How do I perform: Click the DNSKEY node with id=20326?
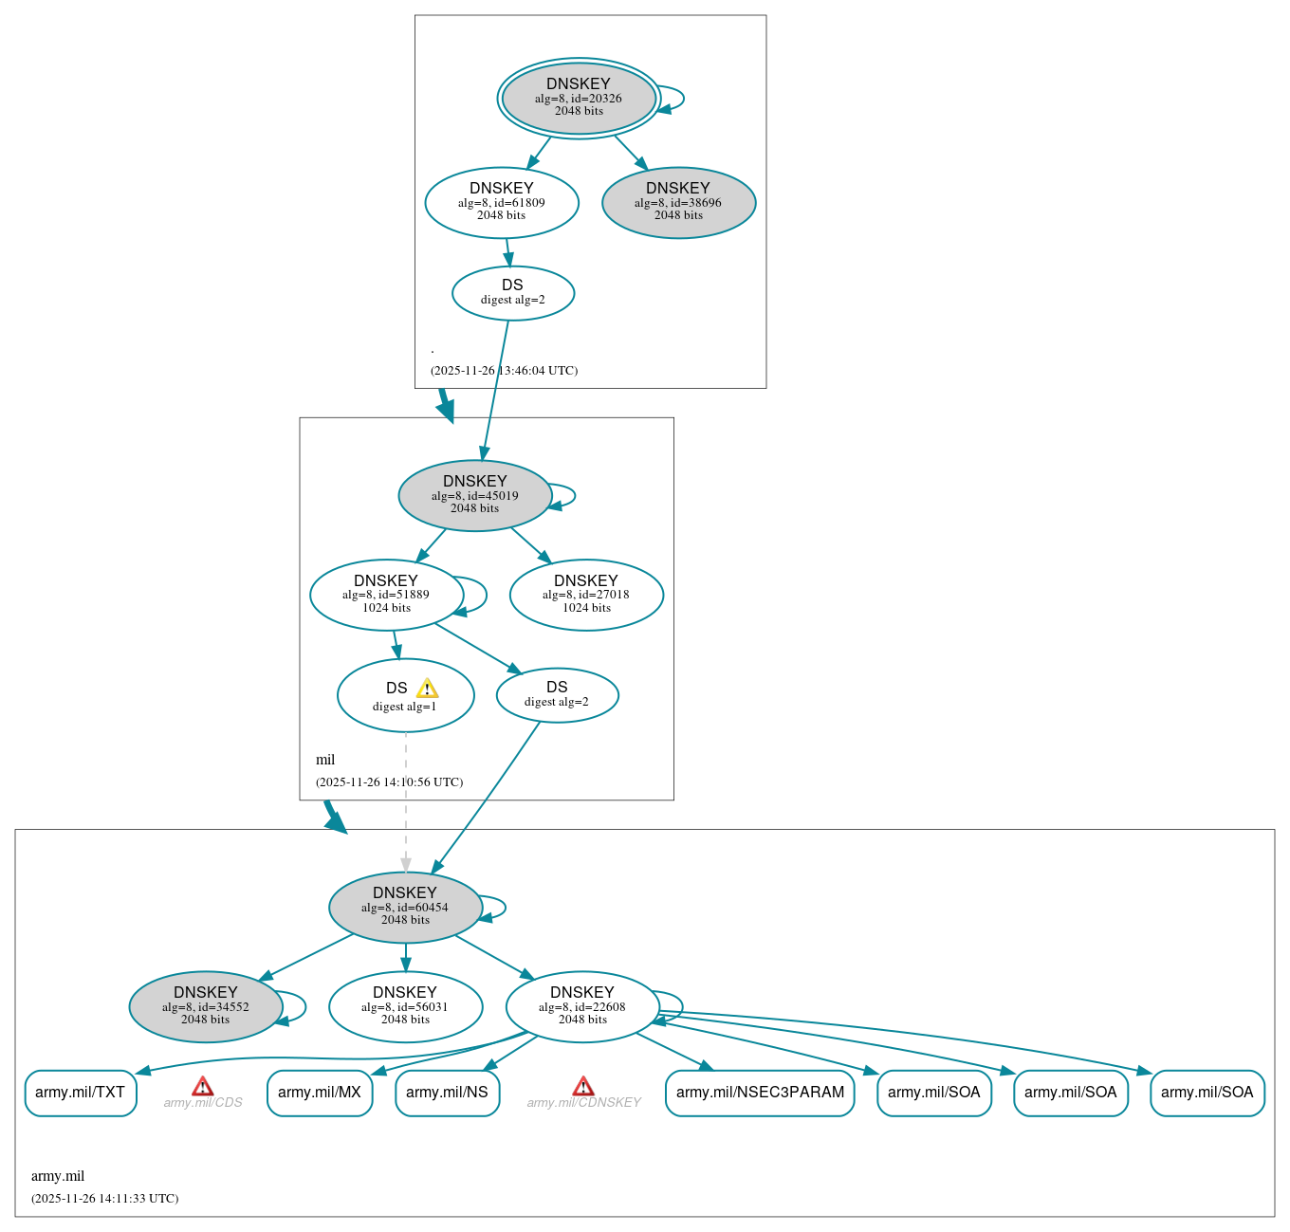(579, 98)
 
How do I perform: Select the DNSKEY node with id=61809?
(502, 202)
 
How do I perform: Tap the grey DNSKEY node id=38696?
(678, 202)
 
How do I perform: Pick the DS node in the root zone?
(512, 293)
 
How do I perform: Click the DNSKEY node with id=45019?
(475, 495)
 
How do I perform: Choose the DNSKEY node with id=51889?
(386, 595)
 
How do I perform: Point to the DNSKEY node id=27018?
(586, 595)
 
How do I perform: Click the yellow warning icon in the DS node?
(427, 689)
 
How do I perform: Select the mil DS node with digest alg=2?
(557, 695)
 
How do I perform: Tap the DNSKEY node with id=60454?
(405, 907)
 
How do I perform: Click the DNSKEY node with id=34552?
(206, 1006)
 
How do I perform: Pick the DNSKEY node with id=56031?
(405, 1006)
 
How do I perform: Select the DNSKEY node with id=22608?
(582, 1006)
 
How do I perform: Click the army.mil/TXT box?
(81, 1093)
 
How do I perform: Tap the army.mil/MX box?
(320, 1093)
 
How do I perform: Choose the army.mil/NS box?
(447, 1093)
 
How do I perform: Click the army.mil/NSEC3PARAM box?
(760, 1093)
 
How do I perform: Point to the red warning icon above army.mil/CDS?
(202, 1086)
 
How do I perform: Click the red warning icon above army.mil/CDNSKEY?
(583, 1086)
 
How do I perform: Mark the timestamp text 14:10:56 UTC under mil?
(390, 782)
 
